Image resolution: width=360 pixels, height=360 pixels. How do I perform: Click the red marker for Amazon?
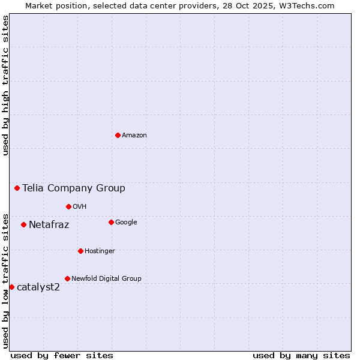point(118,135)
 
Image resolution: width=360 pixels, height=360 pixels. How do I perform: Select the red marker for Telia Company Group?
point(17,188)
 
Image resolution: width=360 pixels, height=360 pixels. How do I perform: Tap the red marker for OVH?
point(68,206)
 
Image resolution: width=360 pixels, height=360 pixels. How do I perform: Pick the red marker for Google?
point(111,222)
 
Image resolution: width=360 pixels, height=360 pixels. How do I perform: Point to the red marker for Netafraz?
point(23,224)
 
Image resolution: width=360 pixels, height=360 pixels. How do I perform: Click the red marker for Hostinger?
point(80,251)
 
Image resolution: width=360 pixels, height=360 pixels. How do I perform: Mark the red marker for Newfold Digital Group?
point(67,278)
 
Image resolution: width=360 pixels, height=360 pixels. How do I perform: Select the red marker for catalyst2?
point(11,287)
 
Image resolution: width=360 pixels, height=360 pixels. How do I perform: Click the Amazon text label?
point(134,136)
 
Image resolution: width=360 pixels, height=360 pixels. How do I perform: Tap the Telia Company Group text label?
point(74,188)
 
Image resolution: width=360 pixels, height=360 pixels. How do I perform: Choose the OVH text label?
point(80,207)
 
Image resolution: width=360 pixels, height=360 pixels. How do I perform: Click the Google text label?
point(126,223)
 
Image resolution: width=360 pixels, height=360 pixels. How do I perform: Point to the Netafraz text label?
point(49,225)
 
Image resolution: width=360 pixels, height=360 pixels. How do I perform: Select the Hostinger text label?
point(100,251)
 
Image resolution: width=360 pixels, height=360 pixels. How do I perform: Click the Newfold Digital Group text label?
point(106,279)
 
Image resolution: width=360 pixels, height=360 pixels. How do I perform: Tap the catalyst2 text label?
point(38,287)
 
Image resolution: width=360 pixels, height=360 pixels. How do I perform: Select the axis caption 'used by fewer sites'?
point(62,355)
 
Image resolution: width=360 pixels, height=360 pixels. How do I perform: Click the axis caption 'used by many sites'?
point(301,355)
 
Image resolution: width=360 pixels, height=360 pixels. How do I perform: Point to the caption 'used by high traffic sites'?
point(6,85)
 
